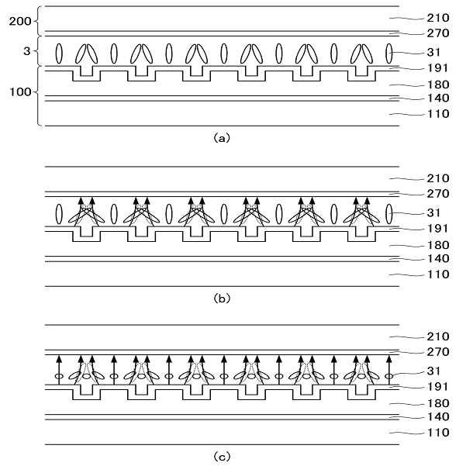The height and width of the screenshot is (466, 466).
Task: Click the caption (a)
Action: point(222,138)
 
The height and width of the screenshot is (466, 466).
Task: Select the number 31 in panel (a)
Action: point(415,53)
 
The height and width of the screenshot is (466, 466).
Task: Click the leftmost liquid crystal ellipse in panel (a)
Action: point(59,54)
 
